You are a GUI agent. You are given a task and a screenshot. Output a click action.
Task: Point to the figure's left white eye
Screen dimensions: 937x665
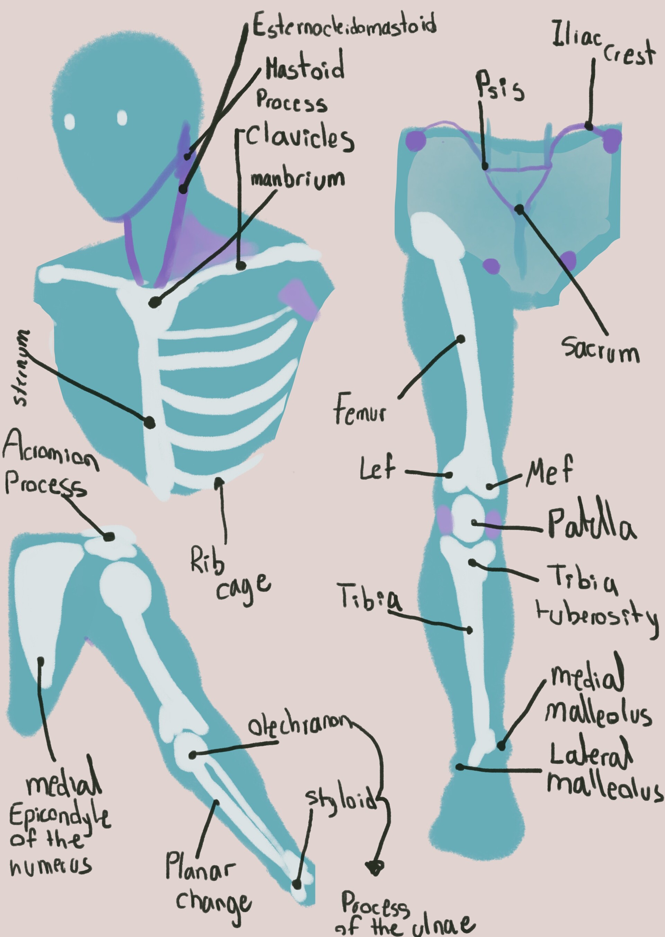69,121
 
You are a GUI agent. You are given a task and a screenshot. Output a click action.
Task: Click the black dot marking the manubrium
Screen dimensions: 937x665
154,303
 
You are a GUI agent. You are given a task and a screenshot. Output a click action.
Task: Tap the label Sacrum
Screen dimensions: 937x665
600,350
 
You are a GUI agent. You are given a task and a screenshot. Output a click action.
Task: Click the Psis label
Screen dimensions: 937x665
499,86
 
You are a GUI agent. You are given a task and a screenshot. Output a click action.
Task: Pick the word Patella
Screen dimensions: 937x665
591,525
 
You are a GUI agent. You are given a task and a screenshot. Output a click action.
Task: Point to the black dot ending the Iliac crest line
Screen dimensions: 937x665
589,126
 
